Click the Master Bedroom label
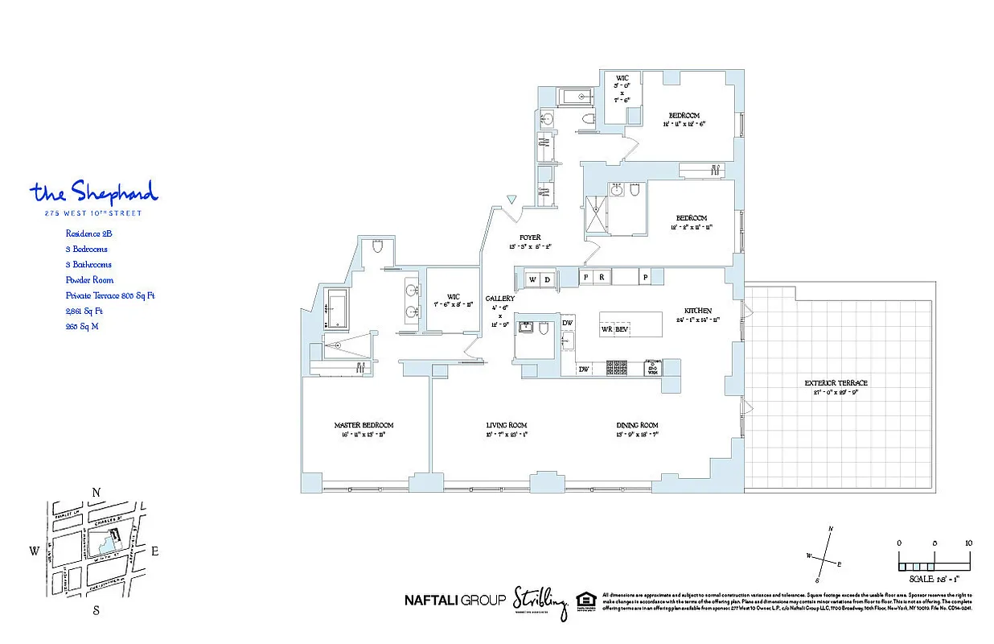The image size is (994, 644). click(x=364, y=425)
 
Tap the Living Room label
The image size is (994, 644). click(x=506, y=425)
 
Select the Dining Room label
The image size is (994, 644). click(x=638, y=425)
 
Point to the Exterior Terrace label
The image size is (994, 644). click(x=836, y=383)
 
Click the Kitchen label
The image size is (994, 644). click(x=696, y=310)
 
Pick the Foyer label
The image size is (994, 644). click(x=529, y=237)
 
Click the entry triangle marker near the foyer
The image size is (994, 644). click(x=511, y=200)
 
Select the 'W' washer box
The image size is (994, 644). click(x=532, y=279)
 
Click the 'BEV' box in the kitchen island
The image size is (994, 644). click(x=622, y=329)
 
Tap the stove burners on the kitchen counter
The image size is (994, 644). click(x=616, y=368)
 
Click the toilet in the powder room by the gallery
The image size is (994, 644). click(x=544, y=328)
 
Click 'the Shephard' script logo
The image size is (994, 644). click(x=94, y=192)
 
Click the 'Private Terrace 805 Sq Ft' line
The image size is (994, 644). click(x=110, y=295)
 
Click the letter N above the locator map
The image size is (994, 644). click(x=96, y=493)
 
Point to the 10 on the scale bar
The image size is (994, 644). click(x=968, y=543)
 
